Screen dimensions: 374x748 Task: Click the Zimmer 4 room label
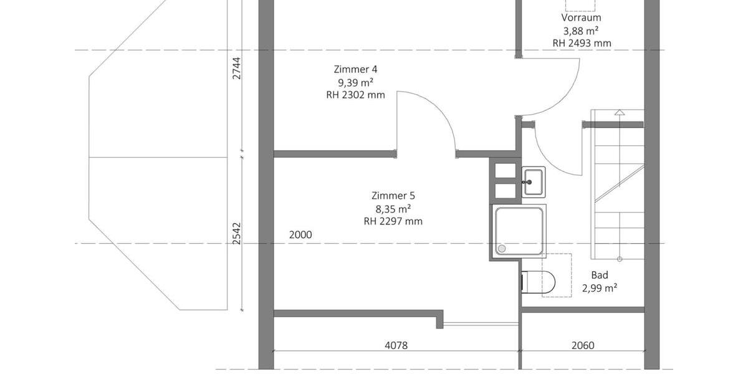click(355, 69)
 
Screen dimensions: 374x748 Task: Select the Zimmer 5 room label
click(393, 196)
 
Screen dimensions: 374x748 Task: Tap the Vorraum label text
click(581, 18)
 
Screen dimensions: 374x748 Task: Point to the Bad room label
click(599, 275)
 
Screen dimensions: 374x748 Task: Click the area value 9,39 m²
click(355, 82)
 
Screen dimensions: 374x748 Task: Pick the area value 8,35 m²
click(393, 209)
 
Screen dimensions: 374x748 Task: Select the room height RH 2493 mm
click(581, 43)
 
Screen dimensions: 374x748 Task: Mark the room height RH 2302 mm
click(355, 95)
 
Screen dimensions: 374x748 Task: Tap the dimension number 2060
click(582, 345)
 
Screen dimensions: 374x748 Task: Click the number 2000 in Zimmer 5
click(300, 235)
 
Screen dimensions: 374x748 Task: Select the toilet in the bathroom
click(538, 282)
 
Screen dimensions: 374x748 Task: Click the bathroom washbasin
click(533, 181)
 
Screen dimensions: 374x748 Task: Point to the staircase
click(618, 184)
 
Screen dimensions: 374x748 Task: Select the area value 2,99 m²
click(599, 288)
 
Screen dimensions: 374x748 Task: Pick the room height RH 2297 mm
click(393, 221)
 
